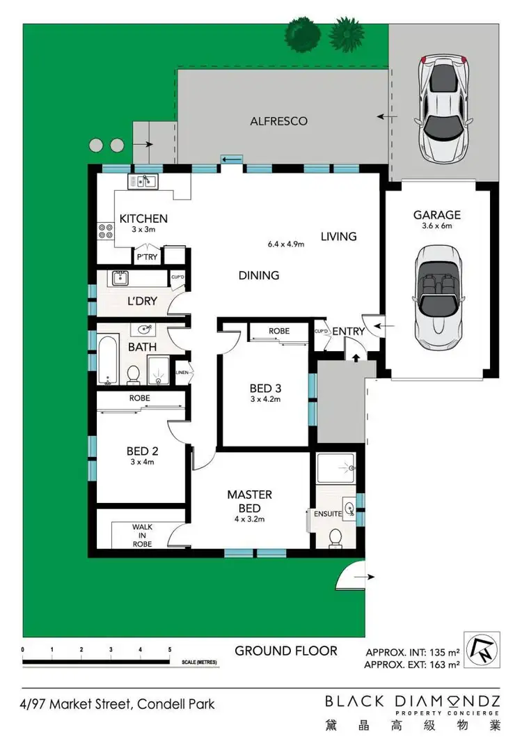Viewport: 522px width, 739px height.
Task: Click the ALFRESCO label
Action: click(278, 121)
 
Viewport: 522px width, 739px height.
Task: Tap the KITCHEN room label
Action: click(143, 219)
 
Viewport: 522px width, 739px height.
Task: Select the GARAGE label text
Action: click(437, 215)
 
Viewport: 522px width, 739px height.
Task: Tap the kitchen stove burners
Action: click(106, 231)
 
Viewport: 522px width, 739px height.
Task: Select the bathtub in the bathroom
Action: click(106, 361)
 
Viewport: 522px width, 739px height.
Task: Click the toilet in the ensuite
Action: click(335, 538)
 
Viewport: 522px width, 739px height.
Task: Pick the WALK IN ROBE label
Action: click(142, 536)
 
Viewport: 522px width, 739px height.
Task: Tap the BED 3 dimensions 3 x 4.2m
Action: click(264, 400)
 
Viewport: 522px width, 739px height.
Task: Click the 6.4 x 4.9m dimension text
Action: click(286, 244)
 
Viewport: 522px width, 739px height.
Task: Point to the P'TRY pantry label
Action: click(146, 257)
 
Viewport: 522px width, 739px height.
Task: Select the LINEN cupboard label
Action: click(183, 373)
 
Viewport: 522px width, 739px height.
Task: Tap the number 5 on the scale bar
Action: click(170, 649)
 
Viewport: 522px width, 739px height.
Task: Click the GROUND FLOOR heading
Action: click(285, 651)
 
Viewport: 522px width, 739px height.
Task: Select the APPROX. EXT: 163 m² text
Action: click(412, 665)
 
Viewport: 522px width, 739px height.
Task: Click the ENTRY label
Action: click(348, 332)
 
